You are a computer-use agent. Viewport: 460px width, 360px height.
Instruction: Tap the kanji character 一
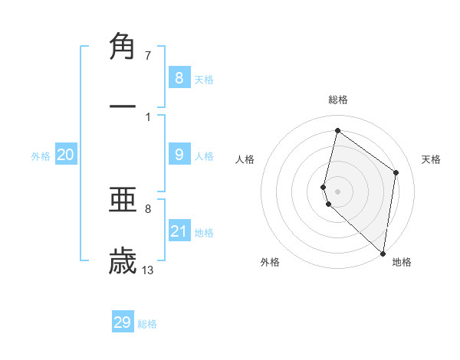(123, 106)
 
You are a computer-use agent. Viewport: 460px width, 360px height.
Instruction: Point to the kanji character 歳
(123, 261)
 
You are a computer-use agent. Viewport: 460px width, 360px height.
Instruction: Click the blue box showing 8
(179, 77)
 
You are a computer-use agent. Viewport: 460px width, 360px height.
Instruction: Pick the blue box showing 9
(179, 155)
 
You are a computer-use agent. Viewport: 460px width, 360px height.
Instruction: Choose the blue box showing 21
(179, 231)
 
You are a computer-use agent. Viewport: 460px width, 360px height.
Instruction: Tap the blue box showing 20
(66, 155)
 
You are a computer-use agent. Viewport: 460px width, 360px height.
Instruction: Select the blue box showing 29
(123, 322)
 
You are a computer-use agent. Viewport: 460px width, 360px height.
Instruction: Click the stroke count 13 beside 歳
(148, 270)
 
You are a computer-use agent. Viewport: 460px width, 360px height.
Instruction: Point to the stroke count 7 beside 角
(148, 56)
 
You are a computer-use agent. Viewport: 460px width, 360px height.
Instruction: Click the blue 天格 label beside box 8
(204, 79)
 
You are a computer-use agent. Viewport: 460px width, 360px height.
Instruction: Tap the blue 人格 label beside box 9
(204, 156)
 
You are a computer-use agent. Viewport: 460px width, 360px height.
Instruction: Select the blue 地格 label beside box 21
(204, 233)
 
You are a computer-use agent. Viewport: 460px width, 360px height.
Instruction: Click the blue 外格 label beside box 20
(41, 156)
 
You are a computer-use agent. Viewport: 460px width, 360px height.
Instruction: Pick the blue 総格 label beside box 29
(148, 324)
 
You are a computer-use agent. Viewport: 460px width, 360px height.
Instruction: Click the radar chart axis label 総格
(338, 100)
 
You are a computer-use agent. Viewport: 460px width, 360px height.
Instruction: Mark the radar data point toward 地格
(383, 254)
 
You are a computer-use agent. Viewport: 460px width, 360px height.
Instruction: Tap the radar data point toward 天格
(396, 172)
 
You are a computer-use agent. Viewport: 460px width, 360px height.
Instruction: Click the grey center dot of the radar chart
(338, 191)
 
